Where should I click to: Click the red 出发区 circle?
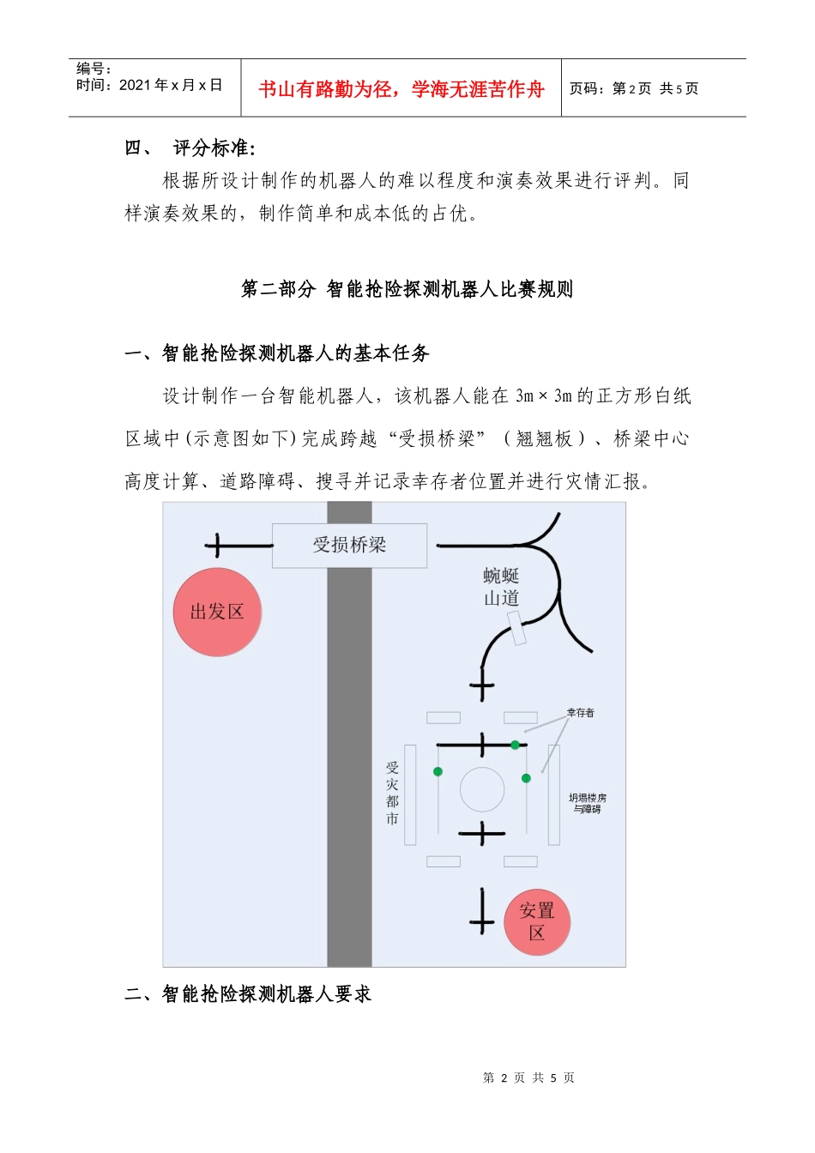click(x=217, y=612)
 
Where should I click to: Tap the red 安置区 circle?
click(x=537, y=922)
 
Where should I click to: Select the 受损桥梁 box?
click(x=349, y=545)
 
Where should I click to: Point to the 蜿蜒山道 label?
click(x=501, y=587)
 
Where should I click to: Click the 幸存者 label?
click(x=580, y=713)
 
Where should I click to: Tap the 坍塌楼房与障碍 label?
click(x=588, y=803)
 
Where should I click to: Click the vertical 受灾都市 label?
click(x=392, y=794)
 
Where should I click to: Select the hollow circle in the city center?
click(x=482, y=789)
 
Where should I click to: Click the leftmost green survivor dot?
click(x=438, y=771)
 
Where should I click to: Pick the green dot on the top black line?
click(x=515, y=745)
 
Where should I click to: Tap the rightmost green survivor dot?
click(x=526, y=778)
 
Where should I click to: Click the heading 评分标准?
click(x=214, y=148)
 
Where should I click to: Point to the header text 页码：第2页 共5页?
click(x=634, y=88)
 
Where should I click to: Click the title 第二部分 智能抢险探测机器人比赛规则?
click(x=407, y=289)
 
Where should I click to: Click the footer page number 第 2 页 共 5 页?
click(x=528, y=1078)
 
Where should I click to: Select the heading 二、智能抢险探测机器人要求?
click(x=248, y=994)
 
